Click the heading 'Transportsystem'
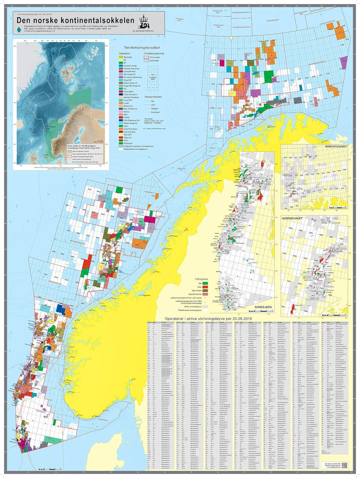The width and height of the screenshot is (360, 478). click(153, 97)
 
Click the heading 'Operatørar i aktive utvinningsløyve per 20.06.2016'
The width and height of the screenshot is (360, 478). click(208, 318)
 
